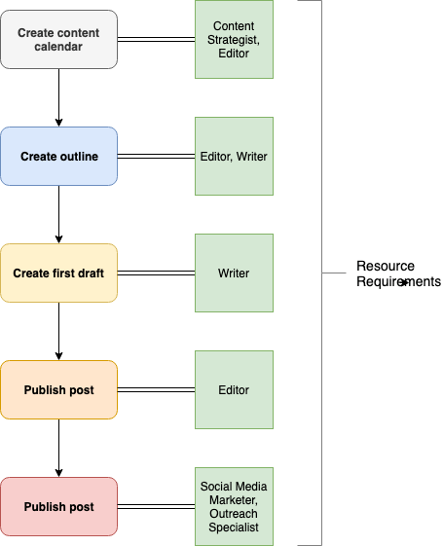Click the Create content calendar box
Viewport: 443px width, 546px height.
click(58, 39)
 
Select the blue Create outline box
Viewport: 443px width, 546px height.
click(58, 157)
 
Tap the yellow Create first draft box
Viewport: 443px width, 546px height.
click(58, 273)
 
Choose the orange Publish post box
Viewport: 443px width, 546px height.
click(58, 389)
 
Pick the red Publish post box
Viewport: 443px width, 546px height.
click(58, 507)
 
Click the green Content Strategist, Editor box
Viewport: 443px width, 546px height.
click(234, 39)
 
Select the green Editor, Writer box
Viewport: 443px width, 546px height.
click(234, 157)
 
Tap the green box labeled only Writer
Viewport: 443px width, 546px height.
click(234, 273)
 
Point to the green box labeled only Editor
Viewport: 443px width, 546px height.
click(234, 389)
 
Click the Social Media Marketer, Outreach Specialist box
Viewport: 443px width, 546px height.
click(234, 507)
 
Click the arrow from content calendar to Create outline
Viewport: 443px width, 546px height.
click(58, 98)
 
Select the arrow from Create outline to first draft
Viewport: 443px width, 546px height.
click(58, 214)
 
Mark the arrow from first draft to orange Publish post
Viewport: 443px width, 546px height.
click(58, 331)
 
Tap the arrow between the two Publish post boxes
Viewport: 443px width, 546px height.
click(58, 448)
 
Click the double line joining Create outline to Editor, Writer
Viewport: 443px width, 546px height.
click(157, 157)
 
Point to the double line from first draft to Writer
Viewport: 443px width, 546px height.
click(157, 273)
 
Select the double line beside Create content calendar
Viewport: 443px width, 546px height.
click(157, 39)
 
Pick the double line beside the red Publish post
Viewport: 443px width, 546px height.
click(157, 507)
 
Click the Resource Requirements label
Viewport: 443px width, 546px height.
click(398, 273)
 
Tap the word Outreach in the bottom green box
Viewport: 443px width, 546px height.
click(234, 514)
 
